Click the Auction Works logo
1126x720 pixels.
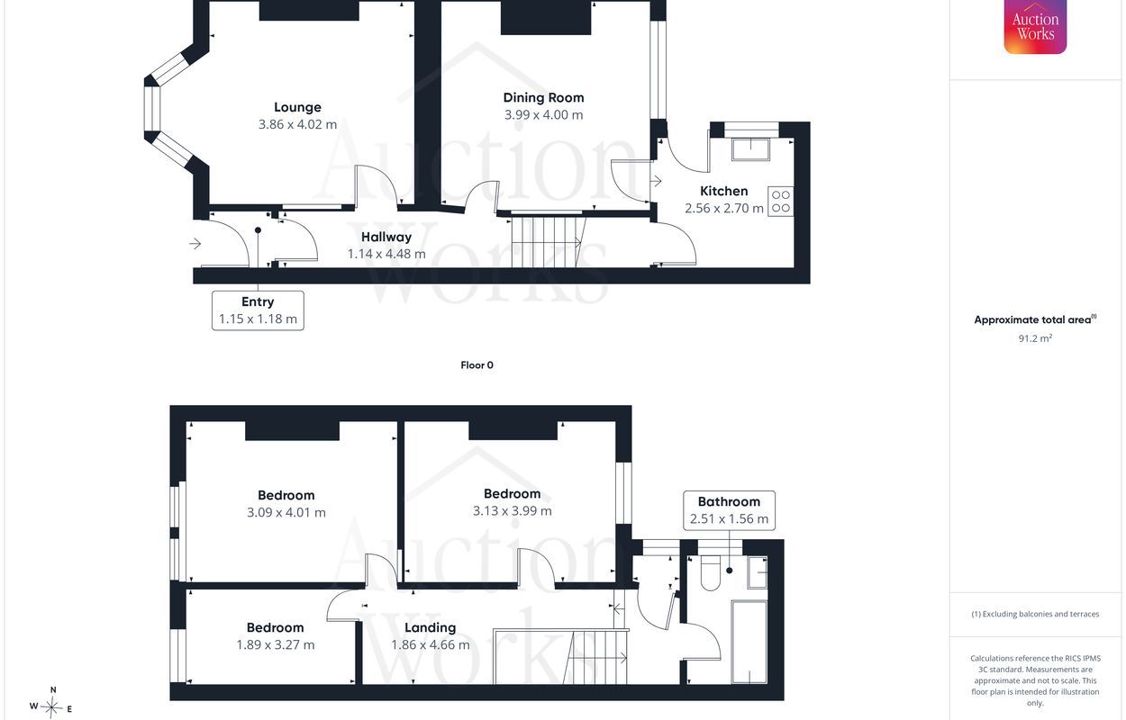[1035, 26]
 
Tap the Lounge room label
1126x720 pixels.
[297, 107]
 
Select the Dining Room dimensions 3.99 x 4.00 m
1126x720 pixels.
[543, 115]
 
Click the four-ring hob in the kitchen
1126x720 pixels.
[781, 202]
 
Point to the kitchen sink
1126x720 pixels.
[750, 149]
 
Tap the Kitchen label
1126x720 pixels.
[724, 192]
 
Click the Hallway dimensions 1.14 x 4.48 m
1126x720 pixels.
[386, 254]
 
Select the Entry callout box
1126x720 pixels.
[258, 310]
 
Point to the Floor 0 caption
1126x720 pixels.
[477, 365]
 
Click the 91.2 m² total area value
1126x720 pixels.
[1035, 338]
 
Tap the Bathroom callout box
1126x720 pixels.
[729, 510]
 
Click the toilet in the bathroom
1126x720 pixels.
[710, 574]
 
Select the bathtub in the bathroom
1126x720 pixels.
[749, 642]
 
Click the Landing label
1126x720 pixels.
[431, 627]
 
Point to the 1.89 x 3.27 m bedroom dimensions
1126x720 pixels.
[276, 644]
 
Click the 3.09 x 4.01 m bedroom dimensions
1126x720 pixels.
[286, 513]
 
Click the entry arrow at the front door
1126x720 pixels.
[195, 244]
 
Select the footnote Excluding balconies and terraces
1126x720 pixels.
[1035, 614]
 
